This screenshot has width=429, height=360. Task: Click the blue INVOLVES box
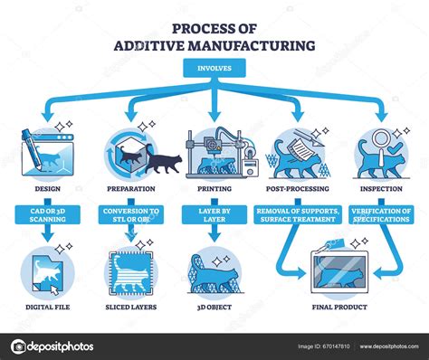point(214,67)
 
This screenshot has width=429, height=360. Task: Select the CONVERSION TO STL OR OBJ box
point(129,214)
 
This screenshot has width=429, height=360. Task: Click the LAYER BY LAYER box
point(214,214)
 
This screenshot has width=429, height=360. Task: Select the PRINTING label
point(214,189)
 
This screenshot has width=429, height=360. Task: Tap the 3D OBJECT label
point(214,308)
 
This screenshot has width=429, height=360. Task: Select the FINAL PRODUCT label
point(340,308)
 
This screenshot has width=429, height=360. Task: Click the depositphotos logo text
point(62,346)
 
